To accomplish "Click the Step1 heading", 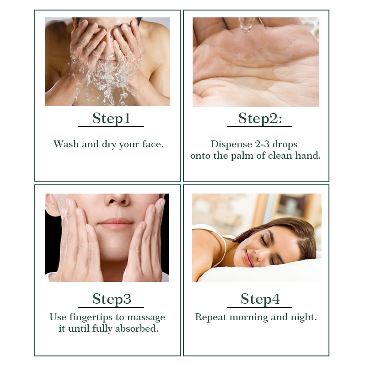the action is pyautogui.click(x=111, y=118).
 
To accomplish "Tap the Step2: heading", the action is pyautogui.click(x=260, y=118).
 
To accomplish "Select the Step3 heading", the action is pyautogui.click(x=112, y=299).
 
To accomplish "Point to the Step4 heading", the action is pyautogui.click(x=260, y=299).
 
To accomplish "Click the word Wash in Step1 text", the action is pyautogui.click(x=66, y=144).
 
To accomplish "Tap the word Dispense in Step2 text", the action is pyautogui.click(x=231, y=144).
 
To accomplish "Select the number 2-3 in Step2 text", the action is pyautogui.click(x=262, y=144).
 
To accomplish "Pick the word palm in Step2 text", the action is pyautogui.click(x=242, y=156).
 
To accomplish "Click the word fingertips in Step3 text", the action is pyautogui.click(x=94, y=318).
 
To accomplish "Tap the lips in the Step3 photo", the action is pyautogui.click(x=115, y=223).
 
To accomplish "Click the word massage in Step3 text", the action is pyautogui.click(x=146, y=318).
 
